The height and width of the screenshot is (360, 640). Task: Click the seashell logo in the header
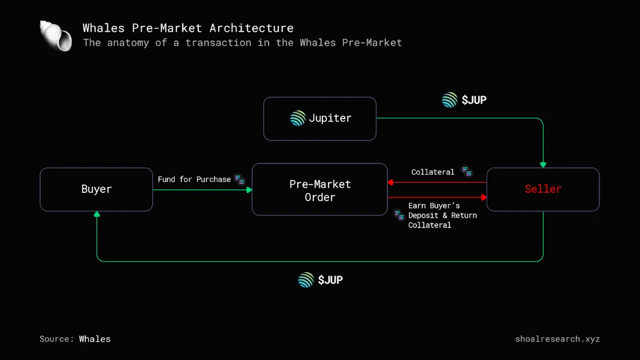click(56, 36)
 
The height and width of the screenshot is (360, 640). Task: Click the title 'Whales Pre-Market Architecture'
click(188, 28)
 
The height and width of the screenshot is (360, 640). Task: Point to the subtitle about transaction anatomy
click(242, 43)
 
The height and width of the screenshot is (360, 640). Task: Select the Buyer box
click(96, 189)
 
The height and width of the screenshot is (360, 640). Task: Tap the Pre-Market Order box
click(320, 190)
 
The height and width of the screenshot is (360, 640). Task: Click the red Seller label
click(543, 189)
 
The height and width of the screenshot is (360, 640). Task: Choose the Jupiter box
click(320, 119)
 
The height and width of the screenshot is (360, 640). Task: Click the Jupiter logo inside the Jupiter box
click(298, 118)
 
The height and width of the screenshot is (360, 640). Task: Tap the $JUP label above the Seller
click(473, 100)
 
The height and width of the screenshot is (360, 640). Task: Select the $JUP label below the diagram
click(330, 280)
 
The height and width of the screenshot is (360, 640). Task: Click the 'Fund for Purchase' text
click(194, 179)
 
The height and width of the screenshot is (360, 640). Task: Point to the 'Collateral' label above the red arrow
click(433, 172)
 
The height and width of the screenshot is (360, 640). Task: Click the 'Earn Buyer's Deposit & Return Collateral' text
click(442, 215)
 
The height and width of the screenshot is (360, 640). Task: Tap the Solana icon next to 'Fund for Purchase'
click(240, 179)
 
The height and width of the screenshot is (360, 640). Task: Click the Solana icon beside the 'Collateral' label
click(467, 172)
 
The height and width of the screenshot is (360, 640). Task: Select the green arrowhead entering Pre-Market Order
click(249, 190)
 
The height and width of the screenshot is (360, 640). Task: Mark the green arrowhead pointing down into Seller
click(543, 165)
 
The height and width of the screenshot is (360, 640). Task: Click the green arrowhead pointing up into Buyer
click(97, 214)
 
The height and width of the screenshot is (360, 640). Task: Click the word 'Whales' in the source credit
click(95, 339)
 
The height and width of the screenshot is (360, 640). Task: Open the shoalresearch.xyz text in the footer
click(557, 339)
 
